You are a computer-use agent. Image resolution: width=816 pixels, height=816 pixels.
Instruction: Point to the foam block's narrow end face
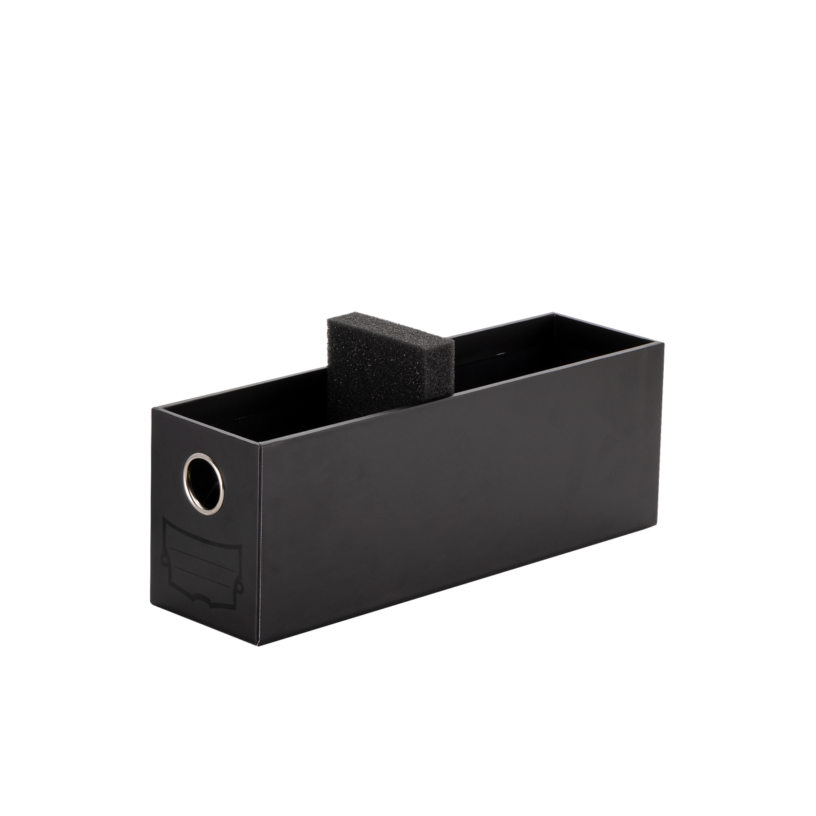point(444,370)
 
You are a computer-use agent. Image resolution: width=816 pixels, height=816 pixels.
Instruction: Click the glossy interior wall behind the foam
point(503,354)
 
